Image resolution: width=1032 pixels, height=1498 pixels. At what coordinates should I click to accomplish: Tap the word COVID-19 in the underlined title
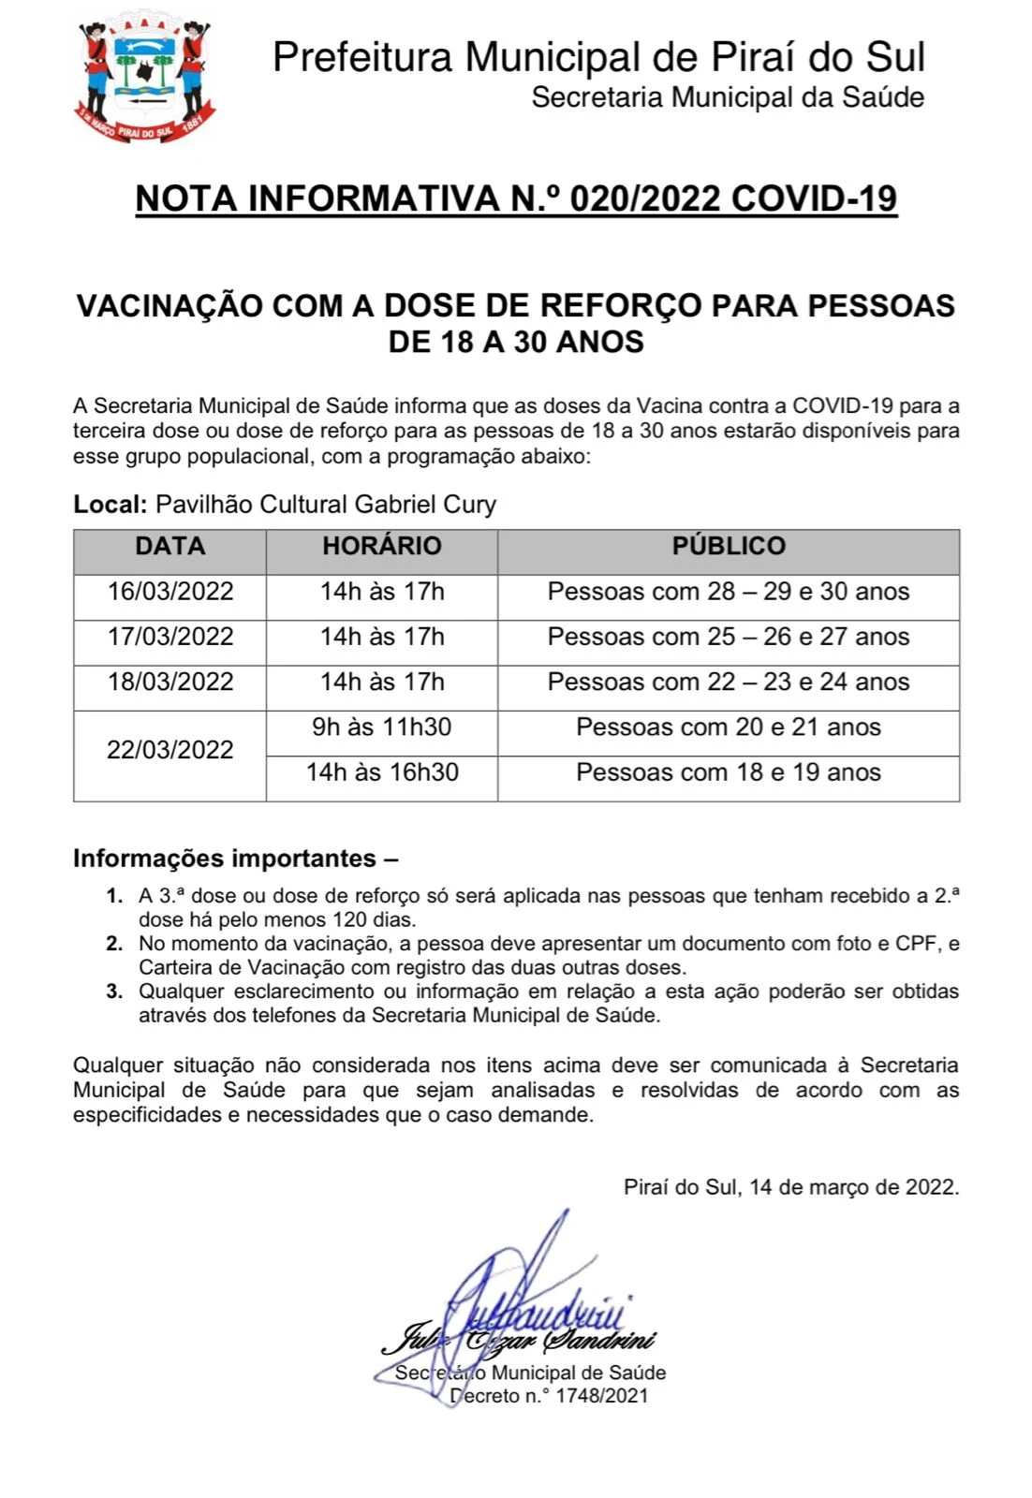click(814, 198)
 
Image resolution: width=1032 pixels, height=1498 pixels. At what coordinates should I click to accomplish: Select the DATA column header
click(170, 546)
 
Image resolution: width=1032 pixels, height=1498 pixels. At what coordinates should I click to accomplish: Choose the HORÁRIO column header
click(381, 546)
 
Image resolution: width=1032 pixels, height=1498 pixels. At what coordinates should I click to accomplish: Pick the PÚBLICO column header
click(729, 546)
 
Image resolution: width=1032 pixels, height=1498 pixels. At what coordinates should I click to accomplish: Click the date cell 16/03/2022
click(170, 592)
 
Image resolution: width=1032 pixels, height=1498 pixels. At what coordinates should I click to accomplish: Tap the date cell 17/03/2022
click(170, 637)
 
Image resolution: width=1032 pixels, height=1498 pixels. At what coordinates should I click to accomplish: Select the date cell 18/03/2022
click(170, 682)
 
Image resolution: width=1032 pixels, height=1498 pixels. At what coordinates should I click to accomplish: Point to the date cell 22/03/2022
click(170, 750)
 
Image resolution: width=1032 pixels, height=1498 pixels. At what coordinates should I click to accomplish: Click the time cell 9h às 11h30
click(381, 727)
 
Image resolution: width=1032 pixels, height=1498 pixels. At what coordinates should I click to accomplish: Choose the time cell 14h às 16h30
click(381, 772)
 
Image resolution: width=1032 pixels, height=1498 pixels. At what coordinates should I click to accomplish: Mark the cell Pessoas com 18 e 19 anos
click(729, 772)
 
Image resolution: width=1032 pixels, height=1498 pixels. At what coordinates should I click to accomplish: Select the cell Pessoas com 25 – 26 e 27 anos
click(729, 637)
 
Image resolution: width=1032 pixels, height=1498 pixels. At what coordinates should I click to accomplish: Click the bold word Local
click(110, 505)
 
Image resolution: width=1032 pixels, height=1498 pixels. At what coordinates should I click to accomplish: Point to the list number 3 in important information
click(114, 991)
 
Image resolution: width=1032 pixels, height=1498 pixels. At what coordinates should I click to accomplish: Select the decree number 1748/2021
click(601, 1396)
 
